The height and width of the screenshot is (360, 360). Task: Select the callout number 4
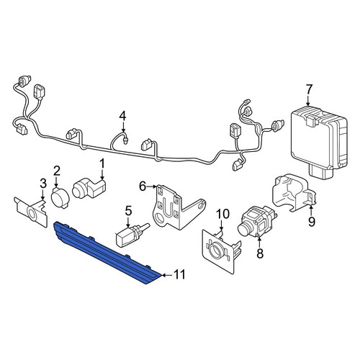[x=122, y=116]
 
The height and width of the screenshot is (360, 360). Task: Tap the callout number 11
[x=179, y=275]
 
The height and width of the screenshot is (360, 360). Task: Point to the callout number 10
[x=222, y=215]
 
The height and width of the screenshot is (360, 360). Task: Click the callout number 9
[x=311, y=222]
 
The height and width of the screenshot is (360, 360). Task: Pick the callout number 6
[x=143, y=186]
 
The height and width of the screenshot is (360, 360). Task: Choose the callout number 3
[x=43, y=184]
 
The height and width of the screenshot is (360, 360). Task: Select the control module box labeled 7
[x=319, y=142]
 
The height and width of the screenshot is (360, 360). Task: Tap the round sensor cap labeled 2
[x=60, y=198]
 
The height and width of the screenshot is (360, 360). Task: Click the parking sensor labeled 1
[x=89, y=189]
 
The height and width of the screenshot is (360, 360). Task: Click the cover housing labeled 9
[x=293, y=193]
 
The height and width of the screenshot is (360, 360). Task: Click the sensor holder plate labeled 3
[x=31, y=211]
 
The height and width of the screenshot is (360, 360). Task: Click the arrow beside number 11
[x=167, y=275]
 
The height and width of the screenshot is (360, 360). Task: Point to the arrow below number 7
[x=309, y=101]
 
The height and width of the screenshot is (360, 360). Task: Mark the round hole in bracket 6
[x=159, y=218]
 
